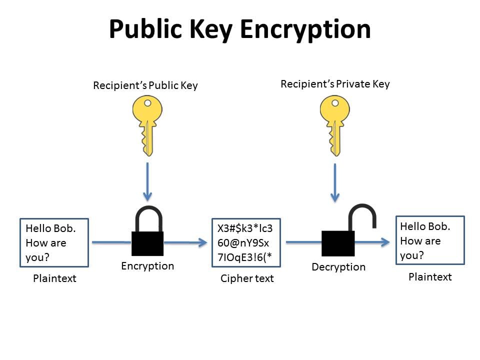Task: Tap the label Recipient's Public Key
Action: click(x=145, y=85)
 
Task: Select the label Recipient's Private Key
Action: click(x=335, y=84)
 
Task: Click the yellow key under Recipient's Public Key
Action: click(x=147, y=122)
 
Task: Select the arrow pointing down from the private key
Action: click(x=335, y=183)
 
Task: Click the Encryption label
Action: click(x=147, y=266)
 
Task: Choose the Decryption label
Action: click(x=338, y=267)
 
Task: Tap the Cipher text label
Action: click(x=247, y=278)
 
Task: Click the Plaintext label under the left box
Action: click(x=54, y=278)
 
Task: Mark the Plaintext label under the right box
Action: click(x=430, y=276)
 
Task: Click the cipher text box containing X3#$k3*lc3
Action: click(x=246, y=243)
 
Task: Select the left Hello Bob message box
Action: click(x=54, y=242)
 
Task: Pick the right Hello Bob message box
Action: click(x=430, y=240)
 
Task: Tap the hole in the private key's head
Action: click(x=335, y=103)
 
